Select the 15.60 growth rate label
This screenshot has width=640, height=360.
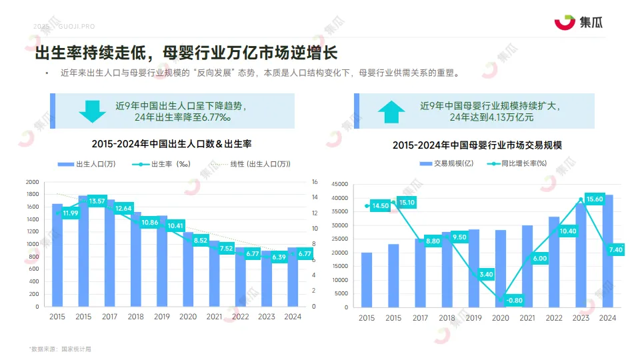tap(595, 199)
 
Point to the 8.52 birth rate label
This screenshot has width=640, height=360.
tap(201, 240)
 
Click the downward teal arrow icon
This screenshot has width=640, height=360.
tap(92, 111)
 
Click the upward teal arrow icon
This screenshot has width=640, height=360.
tap(391, 111)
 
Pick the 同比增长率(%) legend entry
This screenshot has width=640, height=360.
tap(517, 163)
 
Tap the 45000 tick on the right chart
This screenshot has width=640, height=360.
tap(339, 184)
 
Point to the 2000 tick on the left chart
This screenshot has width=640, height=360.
tap(32, 182)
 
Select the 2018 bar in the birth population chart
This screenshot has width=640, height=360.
tap(135, 259)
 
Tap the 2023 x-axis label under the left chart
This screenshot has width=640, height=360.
tap(265, 317)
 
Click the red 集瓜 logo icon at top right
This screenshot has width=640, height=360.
tap(564, 23)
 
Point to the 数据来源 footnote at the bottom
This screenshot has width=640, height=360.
tap(60, 349)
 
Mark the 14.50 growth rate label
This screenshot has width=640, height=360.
tap(381, 206)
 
